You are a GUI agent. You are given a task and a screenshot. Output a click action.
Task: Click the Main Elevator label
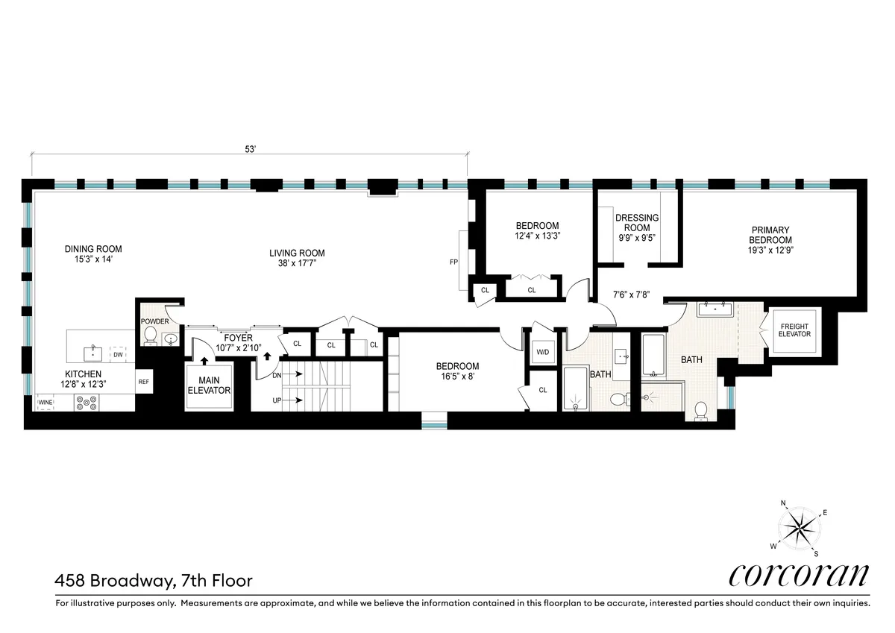[209, 385]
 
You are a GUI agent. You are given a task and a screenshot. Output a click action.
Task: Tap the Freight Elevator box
[794, 331]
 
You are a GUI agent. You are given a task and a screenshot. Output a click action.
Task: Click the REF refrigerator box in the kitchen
[144, 382]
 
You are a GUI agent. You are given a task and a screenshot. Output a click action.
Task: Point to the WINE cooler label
[46, 403]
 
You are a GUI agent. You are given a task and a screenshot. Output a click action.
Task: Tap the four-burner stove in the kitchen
[87, 403]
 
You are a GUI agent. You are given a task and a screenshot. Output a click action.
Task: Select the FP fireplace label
[453, 262]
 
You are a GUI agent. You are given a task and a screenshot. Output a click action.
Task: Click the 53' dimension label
[250, 150]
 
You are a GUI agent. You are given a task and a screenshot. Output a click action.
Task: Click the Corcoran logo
[798, 576]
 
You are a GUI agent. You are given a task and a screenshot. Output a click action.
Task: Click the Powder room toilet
[150, 337]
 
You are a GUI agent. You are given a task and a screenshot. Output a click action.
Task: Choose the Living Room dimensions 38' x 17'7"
[297, 265]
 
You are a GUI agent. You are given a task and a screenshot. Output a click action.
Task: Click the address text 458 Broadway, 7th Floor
[153, 580]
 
